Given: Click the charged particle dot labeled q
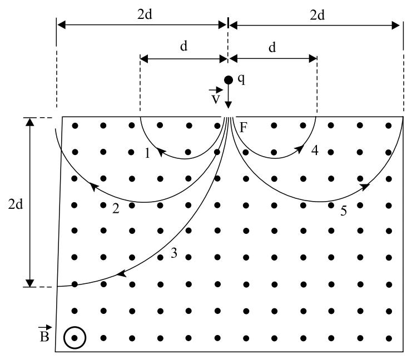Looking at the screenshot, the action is (x=229, y=80).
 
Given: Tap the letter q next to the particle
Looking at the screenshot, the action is (x=241, y=79).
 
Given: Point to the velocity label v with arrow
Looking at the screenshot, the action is (x=216, y=96).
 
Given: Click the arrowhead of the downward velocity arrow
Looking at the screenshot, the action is (x=229, y=105).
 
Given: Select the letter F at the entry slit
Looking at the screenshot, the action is (x=244, y=128).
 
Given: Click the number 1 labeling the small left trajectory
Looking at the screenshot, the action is (x=147, y=153).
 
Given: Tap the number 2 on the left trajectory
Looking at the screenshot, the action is (x=116, y=208).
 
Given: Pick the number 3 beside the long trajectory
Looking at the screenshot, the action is (x=174, y=253).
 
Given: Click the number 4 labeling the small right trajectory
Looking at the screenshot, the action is (x=315, y=150).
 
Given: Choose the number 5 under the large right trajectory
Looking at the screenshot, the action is (x=344, y=211).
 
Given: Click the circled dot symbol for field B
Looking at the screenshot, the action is (x=75, y=338).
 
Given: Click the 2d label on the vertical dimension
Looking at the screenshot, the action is (x=16, y=204).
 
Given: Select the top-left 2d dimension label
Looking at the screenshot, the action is (x=145, y=14).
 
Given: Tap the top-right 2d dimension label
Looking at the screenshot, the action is (x=317, y=15).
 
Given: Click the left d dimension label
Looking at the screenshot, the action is (x=183, y=46).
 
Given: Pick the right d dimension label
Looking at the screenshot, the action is (x=272, y=48).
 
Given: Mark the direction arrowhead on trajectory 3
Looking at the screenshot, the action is (x=121, y=274).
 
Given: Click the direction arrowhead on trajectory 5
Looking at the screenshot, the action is (x=364, y=187).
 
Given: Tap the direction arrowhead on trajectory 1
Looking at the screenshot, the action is (x=161, y=152).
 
